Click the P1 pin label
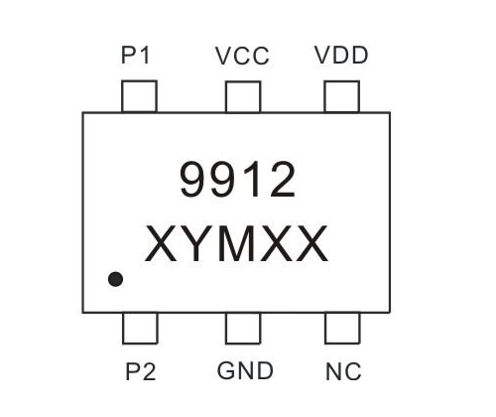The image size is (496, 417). pos(136,55)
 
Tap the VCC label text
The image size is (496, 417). pos(242,56)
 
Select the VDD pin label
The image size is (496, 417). pos(341,55)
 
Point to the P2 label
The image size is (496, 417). pos(141,371)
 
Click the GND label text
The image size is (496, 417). pos(245,370)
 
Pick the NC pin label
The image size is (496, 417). pos(343,371)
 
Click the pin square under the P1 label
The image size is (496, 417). pos(139,96)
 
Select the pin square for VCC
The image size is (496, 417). pos(243,96)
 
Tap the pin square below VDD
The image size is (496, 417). pos(342,96)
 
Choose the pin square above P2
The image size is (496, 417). pos(140,329)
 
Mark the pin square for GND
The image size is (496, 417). pos(243,329)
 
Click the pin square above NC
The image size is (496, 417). pos(342,329)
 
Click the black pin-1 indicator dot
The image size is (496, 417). pos(115,279)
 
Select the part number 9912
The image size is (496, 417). pos(237,180)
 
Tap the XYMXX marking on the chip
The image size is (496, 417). pos(236,243)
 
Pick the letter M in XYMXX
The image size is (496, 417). pos(236,243)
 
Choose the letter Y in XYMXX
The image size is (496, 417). pos(196,243)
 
